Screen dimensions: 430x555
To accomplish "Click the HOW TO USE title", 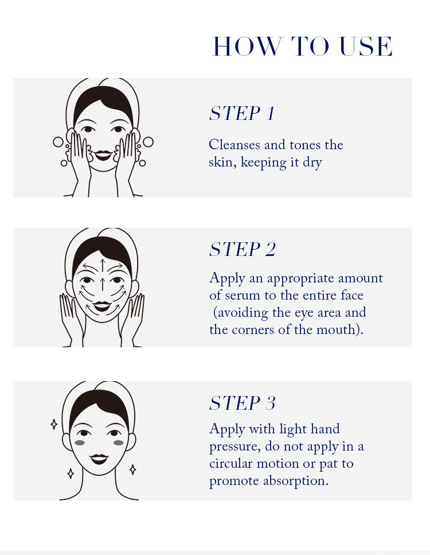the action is (x=302, y=46).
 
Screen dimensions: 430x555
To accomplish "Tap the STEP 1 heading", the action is (x=242, y=113).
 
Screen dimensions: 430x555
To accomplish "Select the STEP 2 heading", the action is (x=242, y=249).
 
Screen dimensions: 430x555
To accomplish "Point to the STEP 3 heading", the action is (x=242, y=403).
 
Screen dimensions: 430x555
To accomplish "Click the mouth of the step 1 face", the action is (x=103, y=155).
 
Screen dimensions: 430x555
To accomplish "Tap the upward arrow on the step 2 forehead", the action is (x=103, y=266).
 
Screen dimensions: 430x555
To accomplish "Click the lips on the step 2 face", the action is (x=102, y=306).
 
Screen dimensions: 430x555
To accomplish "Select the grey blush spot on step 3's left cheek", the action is (x=80, y=443).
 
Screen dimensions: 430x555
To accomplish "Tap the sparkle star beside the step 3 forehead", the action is (x=54, y=424).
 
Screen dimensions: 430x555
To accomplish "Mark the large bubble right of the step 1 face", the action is (x=148, y=142).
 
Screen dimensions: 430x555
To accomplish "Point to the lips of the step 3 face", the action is (x=99, y=459).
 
